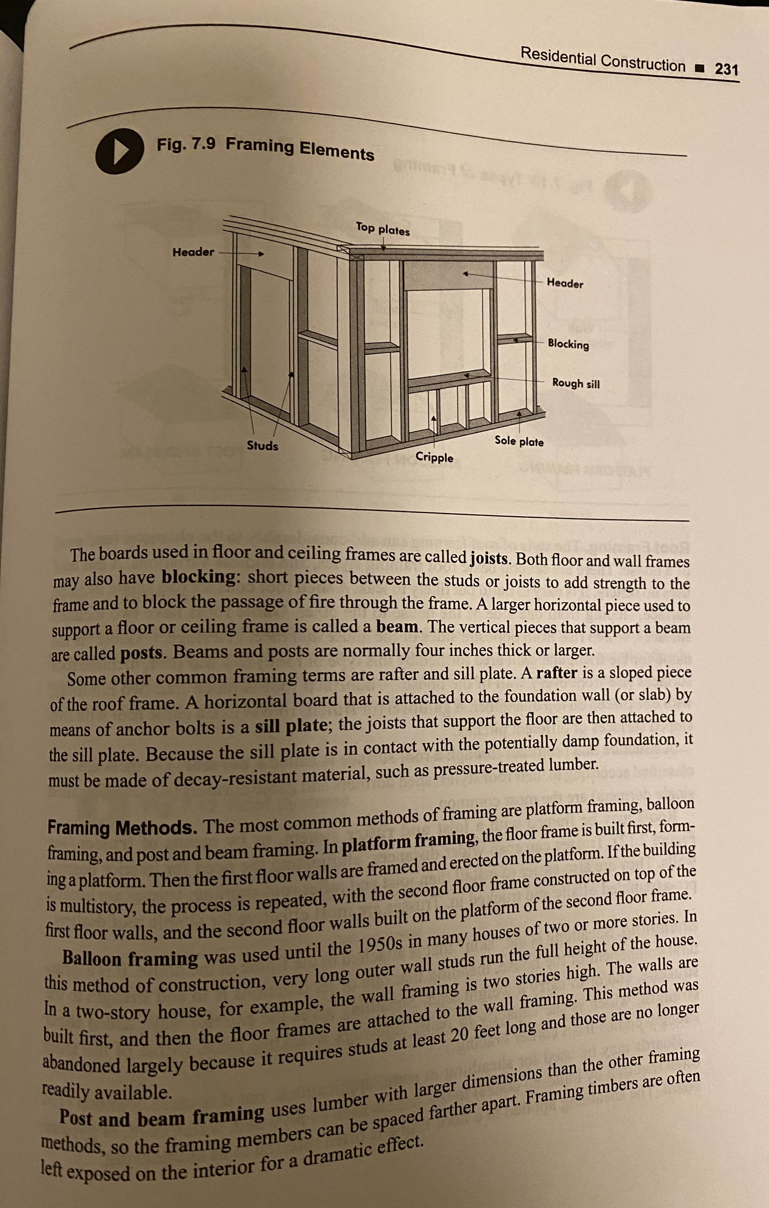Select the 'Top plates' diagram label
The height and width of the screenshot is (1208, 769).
[x=383, y=229]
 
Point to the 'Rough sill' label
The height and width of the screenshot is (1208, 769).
[x=576, y=383]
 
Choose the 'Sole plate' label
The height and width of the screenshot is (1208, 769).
[x=519, y=441]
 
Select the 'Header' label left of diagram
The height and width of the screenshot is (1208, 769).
[x=193, y=252]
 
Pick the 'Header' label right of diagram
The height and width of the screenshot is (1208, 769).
[x=565, y=283]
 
